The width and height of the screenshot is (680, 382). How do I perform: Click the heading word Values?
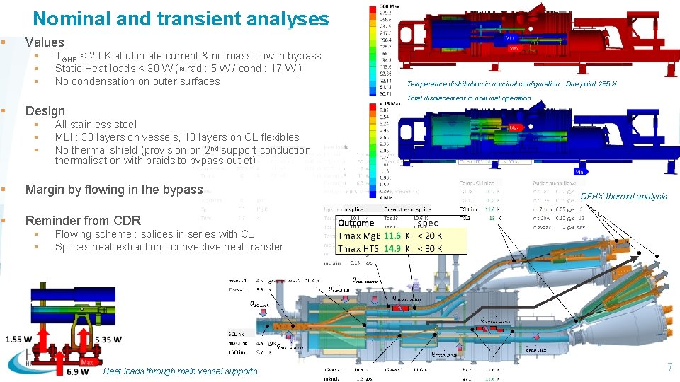[x=45, y=42]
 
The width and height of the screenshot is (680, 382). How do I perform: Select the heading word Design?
[x=45, y=111]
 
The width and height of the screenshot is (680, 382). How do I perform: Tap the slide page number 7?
[x=669, y=367]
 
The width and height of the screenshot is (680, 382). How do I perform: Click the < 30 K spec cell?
[x=429, y=248]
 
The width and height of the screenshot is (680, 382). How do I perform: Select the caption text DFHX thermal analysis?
[x=623, y=197]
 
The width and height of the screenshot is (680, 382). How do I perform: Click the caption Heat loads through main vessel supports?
[x=180, y=371]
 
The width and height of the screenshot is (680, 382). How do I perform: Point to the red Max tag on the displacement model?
[x=516, y=129]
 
